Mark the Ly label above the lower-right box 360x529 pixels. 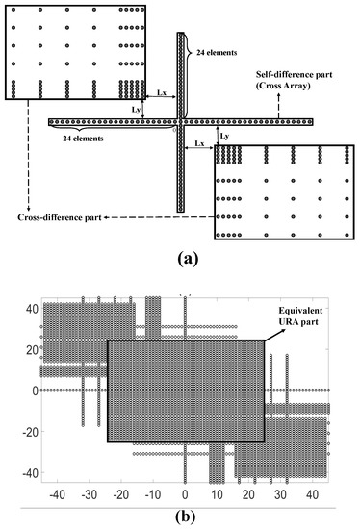223,136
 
